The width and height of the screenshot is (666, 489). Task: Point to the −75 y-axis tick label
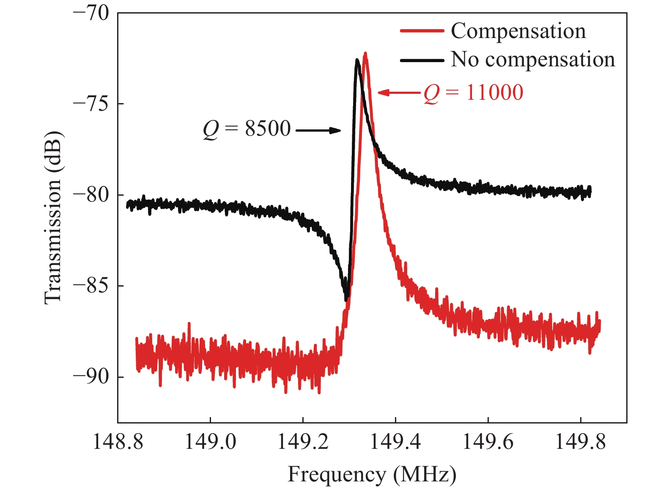coord(91,104)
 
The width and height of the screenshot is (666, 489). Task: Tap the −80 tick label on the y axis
coord(91,195)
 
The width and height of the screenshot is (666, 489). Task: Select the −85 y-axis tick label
coord(91,286)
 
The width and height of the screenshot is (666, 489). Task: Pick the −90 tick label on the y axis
coord(91,377)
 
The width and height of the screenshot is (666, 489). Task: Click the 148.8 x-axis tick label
coord(118,442)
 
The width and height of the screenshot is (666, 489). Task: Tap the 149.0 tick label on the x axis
coord(211,442)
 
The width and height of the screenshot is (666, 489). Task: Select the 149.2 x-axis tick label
coord(303,442)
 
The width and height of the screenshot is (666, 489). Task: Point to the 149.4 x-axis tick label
coord(395,442)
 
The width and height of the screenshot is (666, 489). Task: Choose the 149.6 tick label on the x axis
coord(488,442)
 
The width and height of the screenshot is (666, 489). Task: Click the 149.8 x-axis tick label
coord(580,442)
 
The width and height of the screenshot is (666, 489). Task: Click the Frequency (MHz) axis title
coord(372,474)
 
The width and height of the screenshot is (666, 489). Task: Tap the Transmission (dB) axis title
coord(54,218)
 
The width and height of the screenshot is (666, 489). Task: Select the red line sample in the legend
coord(422,31)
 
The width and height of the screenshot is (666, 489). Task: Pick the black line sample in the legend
coord(422,60)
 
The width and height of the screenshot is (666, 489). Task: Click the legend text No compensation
coord(533,60)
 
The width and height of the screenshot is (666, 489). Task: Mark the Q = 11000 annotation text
coord(474,93)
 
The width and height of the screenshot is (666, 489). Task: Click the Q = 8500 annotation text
coord(247,129)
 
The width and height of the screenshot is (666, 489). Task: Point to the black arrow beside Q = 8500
coord(318,131)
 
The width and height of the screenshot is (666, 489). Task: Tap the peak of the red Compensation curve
coord(365,54)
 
